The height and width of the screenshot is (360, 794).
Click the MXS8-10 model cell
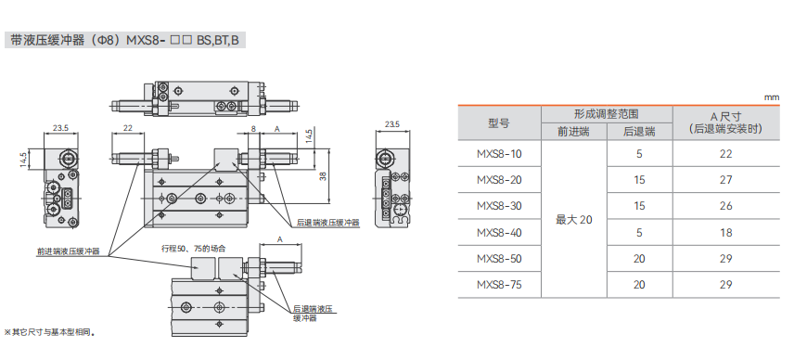coord(499,153)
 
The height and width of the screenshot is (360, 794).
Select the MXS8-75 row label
coord(499,285)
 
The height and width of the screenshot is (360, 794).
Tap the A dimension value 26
coord(725,206)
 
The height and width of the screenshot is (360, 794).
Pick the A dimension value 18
coord(725,232)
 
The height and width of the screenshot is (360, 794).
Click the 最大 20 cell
coord(574,220)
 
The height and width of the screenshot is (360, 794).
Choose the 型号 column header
coord(499,123)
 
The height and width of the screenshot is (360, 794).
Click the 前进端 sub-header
coord(574,132)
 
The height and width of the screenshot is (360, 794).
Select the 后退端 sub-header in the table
coord(639,132)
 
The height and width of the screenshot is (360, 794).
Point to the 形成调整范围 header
coord(606,114)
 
